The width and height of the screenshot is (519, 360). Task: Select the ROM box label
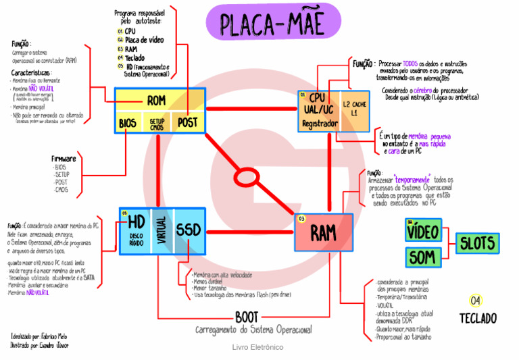[x=156, y=101]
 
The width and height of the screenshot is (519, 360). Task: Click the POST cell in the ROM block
[x=187, y=122]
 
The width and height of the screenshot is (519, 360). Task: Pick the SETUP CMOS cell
[x=157, y=124]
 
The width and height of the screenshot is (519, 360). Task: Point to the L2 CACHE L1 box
[x=354, y=110]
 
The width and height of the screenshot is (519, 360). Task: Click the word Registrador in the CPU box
[x=319, y=124]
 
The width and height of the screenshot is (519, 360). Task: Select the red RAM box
[x=324, y=233]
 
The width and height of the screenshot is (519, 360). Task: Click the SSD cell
[x=188, y=230]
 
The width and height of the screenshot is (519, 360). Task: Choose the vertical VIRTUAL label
[x=161, y=231]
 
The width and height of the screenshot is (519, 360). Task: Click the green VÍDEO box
[x=424, y=231]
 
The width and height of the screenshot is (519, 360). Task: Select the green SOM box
[x=422, y=257]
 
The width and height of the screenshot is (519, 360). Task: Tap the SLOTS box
[x=477, y=243]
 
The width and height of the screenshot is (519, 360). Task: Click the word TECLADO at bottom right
[x=477, y=318]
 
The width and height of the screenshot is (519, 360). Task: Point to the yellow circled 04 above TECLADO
[x=476, y=300]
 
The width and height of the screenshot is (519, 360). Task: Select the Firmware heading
[x=64, y=159]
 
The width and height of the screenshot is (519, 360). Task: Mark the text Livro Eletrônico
[x=257, y=347]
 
